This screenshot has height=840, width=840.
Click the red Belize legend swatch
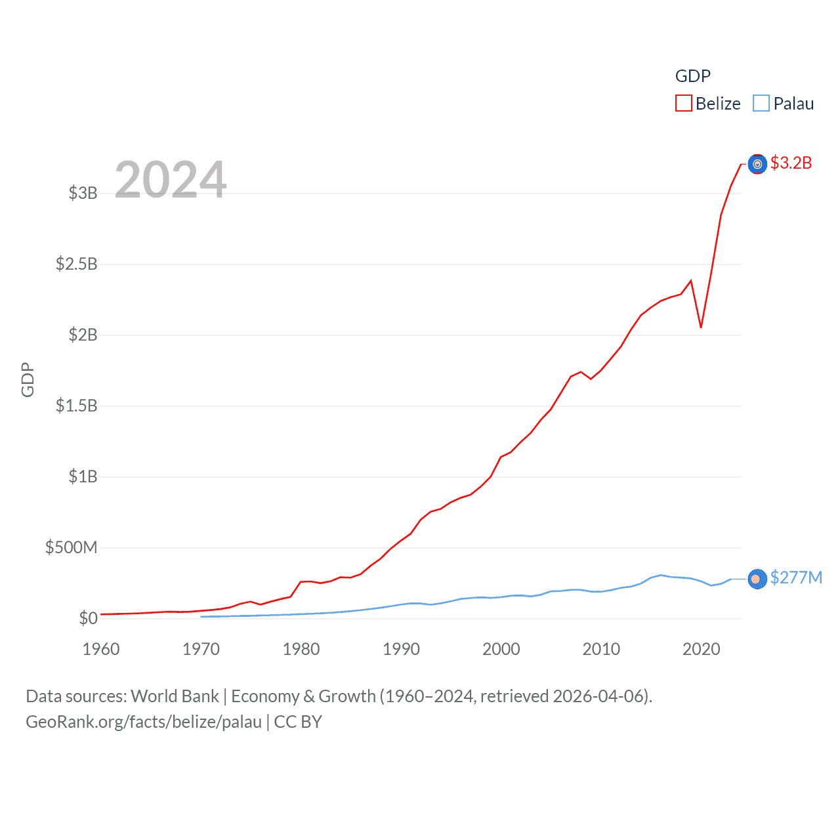coord(684,104)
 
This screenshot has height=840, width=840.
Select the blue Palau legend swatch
coord(761,104)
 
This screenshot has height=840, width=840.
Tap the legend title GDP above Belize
coord(693,76)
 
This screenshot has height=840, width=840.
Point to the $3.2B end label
coord(791,163)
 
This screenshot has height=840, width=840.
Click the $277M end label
coord(796,577)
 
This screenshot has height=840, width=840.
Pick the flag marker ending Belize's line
coord(757,164)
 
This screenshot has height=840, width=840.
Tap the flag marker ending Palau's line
coord(757,579)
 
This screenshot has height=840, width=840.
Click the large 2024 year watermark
coord(171,179)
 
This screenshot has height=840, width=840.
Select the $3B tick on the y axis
coord(83,193)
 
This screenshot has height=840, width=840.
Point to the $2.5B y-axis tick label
coord(77,264)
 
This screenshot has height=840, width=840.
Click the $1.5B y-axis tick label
coord(77,406)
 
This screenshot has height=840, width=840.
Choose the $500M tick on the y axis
coord(72,547)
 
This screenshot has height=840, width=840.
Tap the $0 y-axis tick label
coord(88,618)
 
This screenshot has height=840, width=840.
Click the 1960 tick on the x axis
coord(101,649)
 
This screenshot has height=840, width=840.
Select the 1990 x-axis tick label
coord(401,649)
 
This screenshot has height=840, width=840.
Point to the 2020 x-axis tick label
coord(701,649)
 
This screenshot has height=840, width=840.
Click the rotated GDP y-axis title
coord(28,379)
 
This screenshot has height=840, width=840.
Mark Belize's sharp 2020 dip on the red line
coord(701,327)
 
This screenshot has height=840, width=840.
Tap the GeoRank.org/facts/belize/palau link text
coord(144,722)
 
